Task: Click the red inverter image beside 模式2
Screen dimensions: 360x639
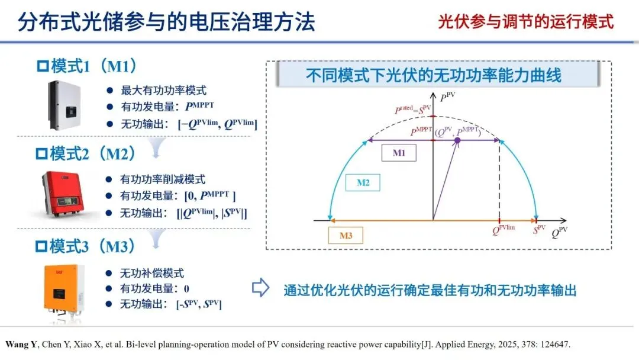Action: pos(66,195)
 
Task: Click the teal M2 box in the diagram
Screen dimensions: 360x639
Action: pos(363,183)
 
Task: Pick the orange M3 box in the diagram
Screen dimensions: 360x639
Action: pos(346,236)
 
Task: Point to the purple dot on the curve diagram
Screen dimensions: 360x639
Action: pos(457,140)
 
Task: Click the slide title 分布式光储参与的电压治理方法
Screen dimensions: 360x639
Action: pos(166,22)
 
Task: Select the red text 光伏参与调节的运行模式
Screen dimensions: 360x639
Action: pos(525,22)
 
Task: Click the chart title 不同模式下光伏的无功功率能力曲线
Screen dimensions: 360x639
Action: pos(433,76)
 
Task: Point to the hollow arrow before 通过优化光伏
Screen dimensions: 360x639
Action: pos(261,289)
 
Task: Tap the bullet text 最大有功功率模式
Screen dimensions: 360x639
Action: pos(163,91)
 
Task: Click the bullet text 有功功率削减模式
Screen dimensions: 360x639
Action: pos(163,179)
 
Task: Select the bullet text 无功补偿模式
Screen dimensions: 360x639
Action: pos(152,273)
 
